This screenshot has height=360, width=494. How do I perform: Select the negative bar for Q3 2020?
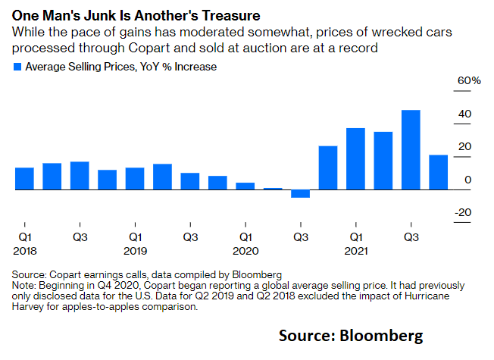pyautogui.click(x=300, y=193)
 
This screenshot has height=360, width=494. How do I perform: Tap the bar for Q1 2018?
pyautogui.click(x=24, y=178)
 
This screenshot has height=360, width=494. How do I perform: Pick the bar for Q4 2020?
pyautogui.click(x=328, y=167)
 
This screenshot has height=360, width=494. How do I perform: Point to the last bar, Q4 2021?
pyautogui.click(x=438, y=172)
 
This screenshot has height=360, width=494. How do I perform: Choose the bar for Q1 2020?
pyautogui.click(x=245, y=186)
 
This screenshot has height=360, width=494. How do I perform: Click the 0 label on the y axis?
pyautogui.click(x=467, y=179)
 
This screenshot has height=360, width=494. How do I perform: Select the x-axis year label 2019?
pyautogui.click(x=135, y=249)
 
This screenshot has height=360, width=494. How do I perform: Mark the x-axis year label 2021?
pyautogui.click(x=355, y=249)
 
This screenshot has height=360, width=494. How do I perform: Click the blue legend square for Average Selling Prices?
pyautogui.click(x=18, y=67)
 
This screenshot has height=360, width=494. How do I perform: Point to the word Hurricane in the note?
pyautogui.click(x=420, y=296)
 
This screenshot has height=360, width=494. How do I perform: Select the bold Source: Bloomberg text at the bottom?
pyautogui.click(x=350, y=335)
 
